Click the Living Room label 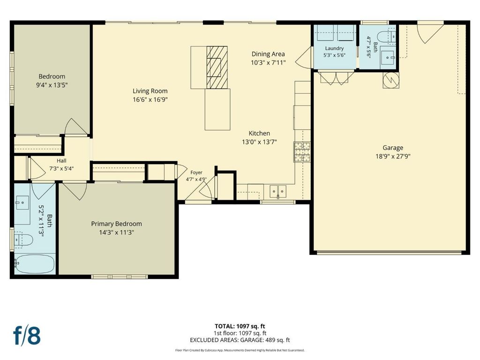point(150,91)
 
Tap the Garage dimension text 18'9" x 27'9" point(393,157)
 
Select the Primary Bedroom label point(116,224)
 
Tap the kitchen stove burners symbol point(302,152)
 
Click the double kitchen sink point(278,192)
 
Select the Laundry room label point(334,48)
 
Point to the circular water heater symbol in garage point(391,80)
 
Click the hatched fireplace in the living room point(217,67)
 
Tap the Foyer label point(196,172)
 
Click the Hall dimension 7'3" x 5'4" point(61,168)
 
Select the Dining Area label point(268,54)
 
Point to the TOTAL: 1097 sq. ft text point(240,326)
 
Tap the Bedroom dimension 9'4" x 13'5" point(52,85)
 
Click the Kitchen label point(259,134)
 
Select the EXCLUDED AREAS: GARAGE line point(240,340)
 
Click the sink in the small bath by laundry point(388,58)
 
